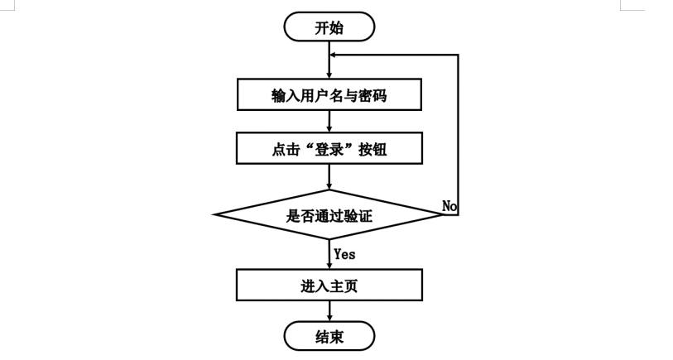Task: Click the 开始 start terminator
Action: tap(329, 27)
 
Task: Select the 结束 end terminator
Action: tap(329, 336)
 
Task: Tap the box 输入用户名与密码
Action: tap(329, 94)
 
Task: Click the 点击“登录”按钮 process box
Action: tap(329, 148)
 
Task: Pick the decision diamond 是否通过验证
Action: tap(329, 214)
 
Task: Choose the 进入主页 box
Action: tap(329, 285)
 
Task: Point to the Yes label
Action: tap(344, 254)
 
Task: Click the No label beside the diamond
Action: tap(449, 206)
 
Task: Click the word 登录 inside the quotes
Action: tap(329, 149)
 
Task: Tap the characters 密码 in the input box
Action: tap(373, 95)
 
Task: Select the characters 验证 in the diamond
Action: tap(358, 215)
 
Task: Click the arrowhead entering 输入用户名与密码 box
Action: tap(329, 75)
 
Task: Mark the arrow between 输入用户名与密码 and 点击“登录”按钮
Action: tap(329, 121)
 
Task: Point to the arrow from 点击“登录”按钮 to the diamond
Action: tap(329, 177)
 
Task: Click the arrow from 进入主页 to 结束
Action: tap(329, 311)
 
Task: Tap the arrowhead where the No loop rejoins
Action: tap(333, 55)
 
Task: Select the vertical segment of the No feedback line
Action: tap(458, 135)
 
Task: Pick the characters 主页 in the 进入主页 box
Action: tap(344, 286)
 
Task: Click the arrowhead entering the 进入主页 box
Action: tap(329, 266)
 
